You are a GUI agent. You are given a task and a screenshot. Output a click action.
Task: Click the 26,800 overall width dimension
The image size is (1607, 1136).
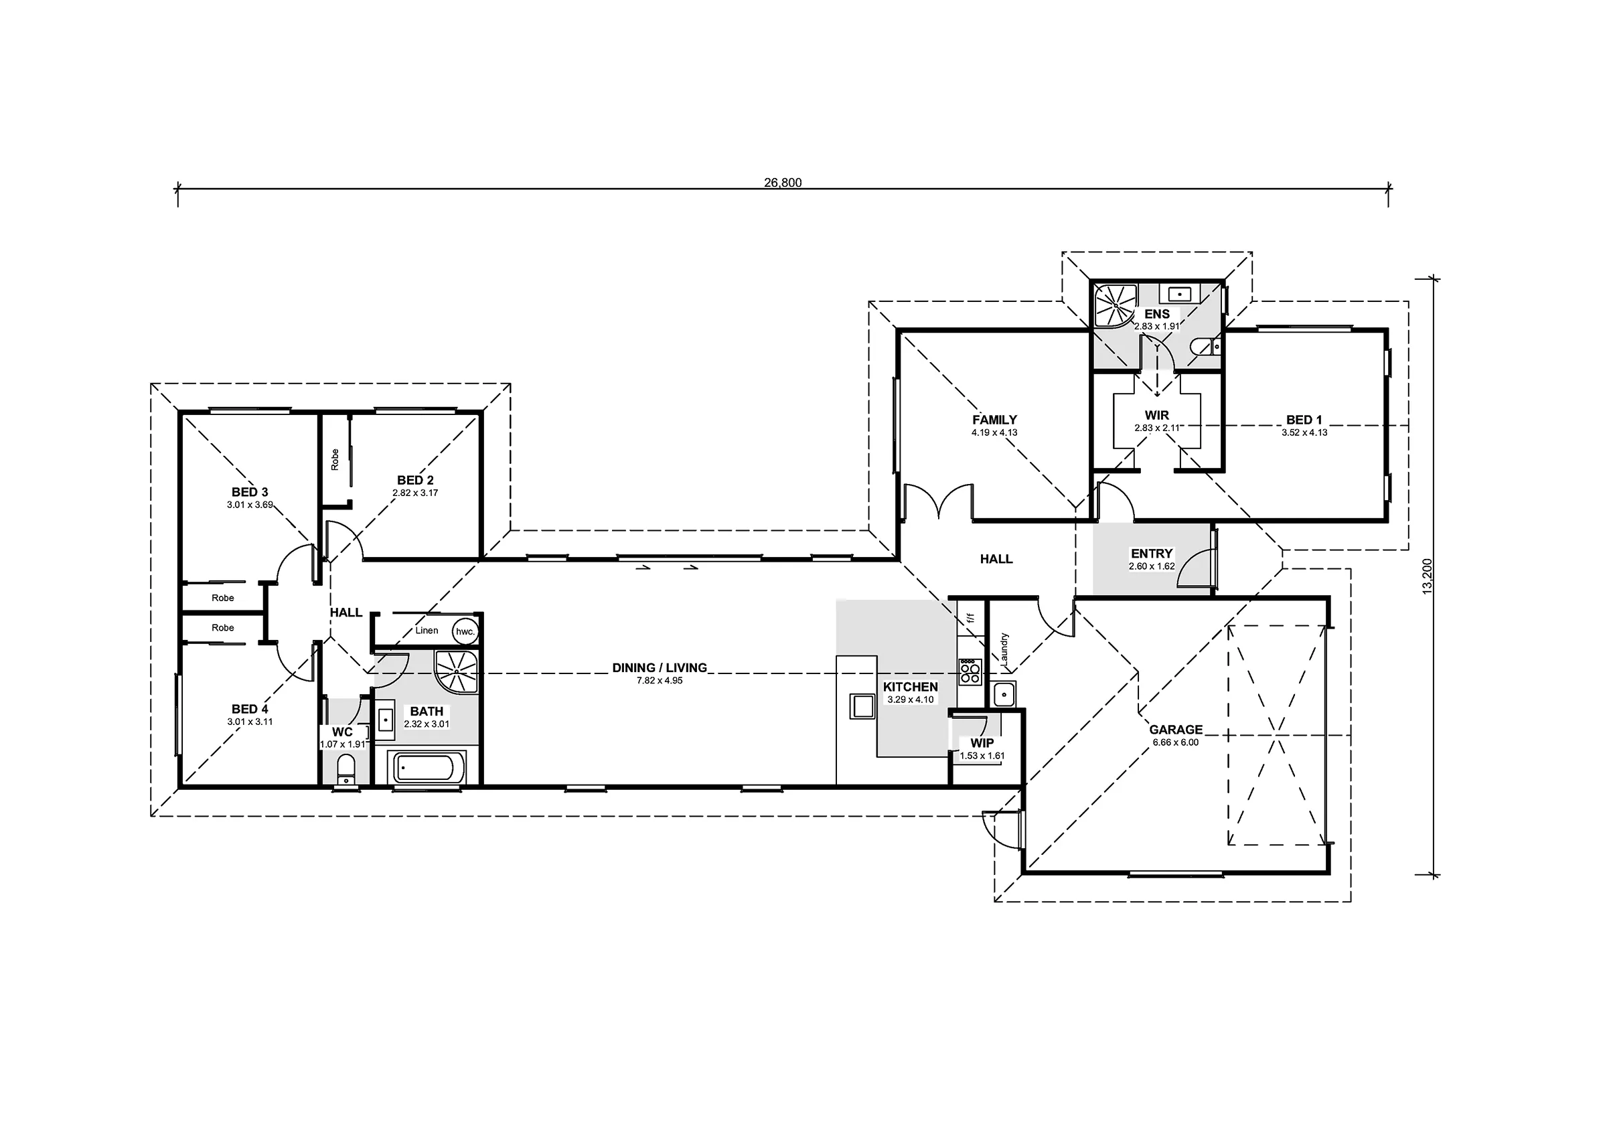coord(783,183)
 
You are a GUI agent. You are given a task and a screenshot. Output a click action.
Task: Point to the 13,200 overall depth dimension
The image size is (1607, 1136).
coord(1428,576)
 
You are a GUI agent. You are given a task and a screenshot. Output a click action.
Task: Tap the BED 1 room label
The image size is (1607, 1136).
coord(1304,420)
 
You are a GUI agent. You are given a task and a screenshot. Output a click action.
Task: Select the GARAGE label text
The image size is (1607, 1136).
coord(1176,730)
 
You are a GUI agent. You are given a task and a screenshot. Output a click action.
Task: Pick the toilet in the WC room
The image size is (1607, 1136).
coord(346,770)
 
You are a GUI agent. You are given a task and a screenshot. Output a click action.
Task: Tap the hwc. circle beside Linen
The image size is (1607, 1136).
coord(465,631)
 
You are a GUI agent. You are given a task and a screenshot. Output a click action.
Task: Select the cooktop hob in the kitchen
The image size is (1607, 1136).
coord(970,672)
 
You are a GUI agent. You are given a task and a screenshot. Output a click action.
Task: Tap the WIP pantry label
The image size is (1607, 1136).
coord(982,743)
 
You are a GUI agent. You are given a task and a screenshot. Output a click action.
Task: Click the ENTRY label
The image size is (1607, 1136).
coord(1152,554)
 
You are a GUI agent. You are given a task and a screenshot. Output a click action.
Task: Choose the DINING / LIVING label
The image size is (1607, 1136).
coord(660,667)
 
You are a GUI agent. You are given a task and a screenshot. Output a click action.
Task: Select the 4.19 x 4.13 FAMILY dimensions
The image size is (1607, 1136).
coord(994,432)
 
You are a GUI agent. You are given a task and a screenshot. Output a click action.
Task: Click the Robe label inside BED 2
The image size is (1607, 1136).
coord(335,460)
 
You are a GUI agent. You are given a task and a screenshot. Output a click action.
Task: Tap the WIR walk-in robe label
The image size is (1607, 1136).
coord(1157,416)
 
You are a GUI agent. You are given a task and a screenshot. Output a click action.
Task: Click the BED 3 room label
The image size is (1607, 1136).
coord(250,492)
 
